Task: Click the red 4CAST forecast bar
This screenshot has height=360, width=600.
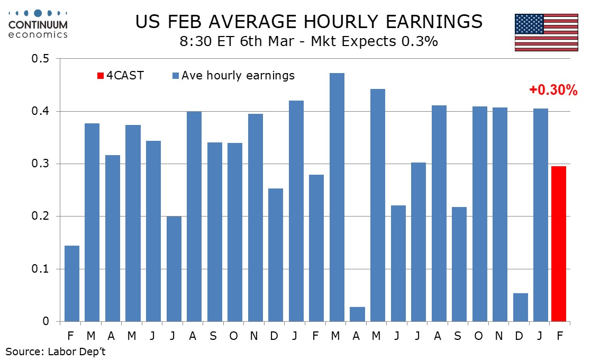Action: point(558,244)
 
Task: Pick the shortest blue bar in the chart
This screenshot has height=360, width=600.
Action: point(357,314)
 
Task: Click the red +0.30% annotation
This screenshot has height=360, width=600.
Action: point(553,91)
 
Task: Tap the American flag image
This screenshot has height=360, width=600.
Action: point(546,33)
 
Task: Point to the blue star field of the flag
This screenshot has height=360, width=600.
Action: point(530,24)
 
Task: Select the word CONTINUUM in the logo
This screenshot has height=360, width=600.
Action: point(38,25)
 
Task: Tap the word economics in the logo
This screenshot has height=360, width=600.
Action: point(38,35)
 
